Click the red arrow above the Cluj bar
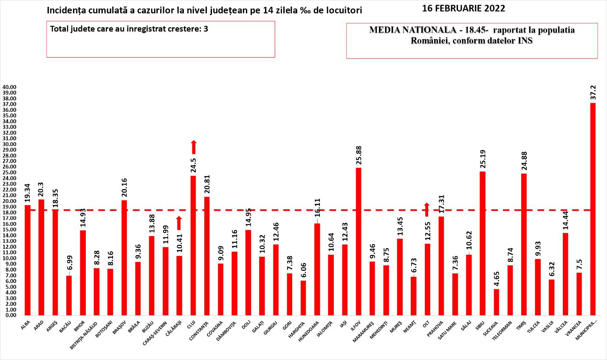coord(193,147)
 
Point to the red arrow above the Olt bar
coord(426,210)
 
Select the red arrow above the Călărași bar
coord(179,223)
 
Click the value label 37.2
coord(593,92)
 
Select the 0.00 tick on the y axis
coord(10,315)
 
